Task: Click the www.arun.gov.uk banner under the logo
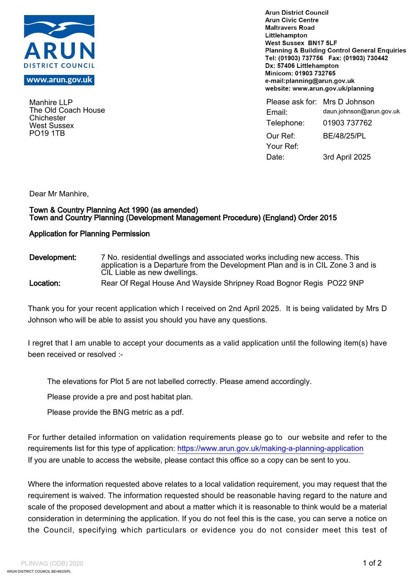(x=59, y=80)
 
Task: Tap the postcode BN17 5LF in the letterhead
(x=322, y=43)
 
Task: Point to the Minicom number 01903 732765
(x=315, y=73)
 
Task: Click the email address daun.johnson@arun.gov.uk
(x=361, y=112)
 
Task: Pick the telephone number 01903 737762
(x=347, y=123)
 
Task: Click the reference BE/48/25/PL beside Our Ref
(x=344, y=136)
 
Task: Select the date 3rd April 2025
(x=347, y=157)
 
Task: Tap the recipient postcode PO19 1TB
(x=47, y=133)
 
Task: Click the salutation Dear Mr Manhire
(x=59, y=194)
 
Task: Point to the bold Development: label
(x=53, y=258)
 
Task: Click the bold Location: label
(x=45, y=283)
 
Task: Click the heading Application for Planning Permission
(x=89, y=234)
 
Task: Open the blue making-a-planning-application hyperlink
(x=270, y=448)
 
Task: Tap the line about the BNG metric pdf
(x=115, y=412)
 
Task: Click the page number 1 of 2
(x=372, y=563)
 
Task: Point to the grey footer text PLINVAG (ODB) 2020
(x=52, y=564)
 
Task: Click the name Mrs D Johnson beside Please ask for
(x=349, y=102)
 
